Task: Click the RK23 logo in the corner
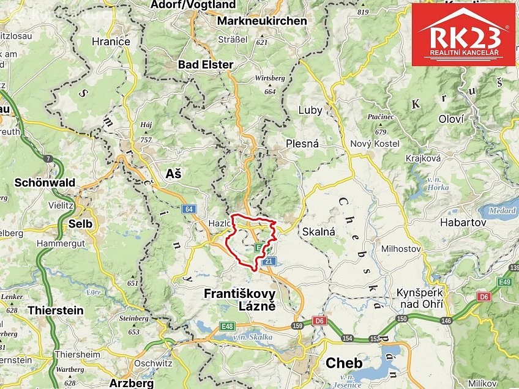[x=463, y=34]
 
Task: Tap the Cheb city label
[x=343, y=363]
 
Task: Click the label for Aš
[x=173, y=174]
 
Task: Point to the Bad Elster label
[x=206, y=64]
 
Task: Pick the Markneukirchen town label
[x=262, y=20]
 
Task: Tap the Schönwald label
[x=45, y=182]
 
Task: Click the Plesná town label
[x=302, y=144]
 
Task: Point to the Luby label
[x=310, y=110]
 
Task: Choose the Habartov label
[x=463, y=223]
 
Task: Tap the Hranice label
[x=111, y=42]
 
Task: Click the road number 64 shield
[x=189, y=209]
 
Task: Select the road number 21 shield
[x=267, y=261]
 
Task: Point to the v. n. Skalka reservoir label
[x=252, y=336]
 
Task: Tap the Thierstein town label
[x=56, y=310]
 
